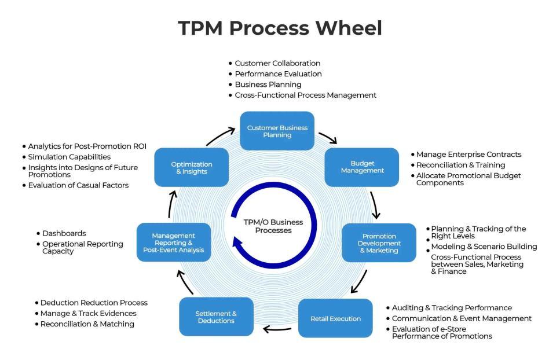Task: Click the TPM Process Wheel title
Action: point(280,28)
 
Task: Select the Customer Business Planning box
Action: point(277,131)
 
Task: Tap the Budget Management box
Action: point(362,167)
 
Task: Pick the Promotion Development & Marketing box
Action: point(379,243)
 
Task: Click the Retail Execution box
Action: point(335,318)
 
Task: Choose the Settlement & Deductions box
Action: point(216,317)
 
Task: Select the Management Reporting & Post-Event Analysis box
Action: point(173,243)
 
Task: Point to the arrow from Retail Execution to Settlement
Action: point(277,329)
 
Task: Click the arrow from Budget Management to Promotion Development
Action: point(375,203)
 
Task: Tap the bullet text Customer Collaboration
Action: point(277,63)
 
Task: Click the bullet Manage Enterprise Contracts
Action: point(469,155)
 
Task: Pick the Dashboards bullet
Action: point(64,233)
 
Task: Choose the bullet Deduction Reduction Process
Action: point(94,303)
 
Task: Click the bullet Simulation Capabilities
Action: point(69,157)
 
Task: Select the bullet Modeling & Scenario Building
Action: point(484,247)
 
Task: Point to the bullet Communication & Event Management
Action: point(462,318)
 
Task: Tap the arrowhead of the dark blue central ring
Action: point(238,243)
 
